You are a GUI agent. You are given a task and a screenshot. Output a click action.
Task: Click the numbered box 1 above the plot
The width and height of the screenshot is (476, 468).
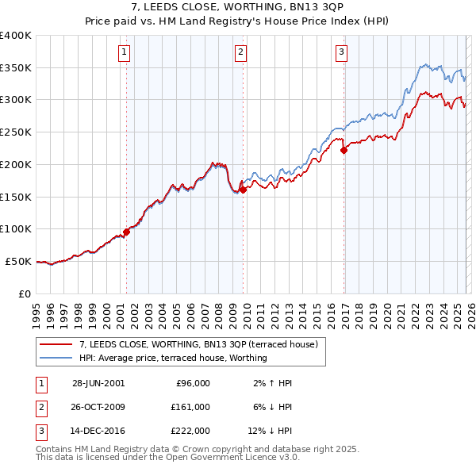tap(125, 53)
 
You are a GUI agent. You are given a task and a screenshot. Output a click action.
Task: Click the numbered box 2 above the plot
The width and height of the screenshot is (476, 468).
tap(240, 53)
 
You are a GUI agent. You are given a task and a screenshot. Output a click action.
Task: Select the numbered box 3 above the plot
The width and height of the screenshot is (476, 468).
tap(341, 53)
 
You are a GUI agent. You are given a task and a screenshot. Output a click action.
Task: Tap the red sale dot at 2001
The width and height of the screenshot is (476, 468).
tap(126, 232)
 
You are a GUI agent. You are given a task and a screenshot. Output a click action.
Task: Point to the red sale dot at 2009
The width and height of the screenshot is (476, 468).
tap(243, 190)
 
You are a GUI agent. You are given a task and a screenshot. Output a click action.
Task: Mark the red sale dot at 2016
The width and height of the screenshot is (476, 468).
tap(344, 150)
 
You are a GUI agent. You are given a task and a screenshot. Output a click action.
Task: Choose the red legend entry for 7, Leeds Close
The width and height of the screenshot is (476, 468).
tap(198, 344)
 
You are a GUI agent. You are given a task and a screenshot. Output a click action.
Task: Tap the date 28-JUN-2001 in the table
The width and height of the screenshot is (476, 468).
tap(98, 383)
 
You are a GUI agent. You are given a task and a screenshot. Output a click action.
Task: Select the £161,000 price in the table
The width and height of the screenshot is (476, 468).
tap(190, 406)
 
